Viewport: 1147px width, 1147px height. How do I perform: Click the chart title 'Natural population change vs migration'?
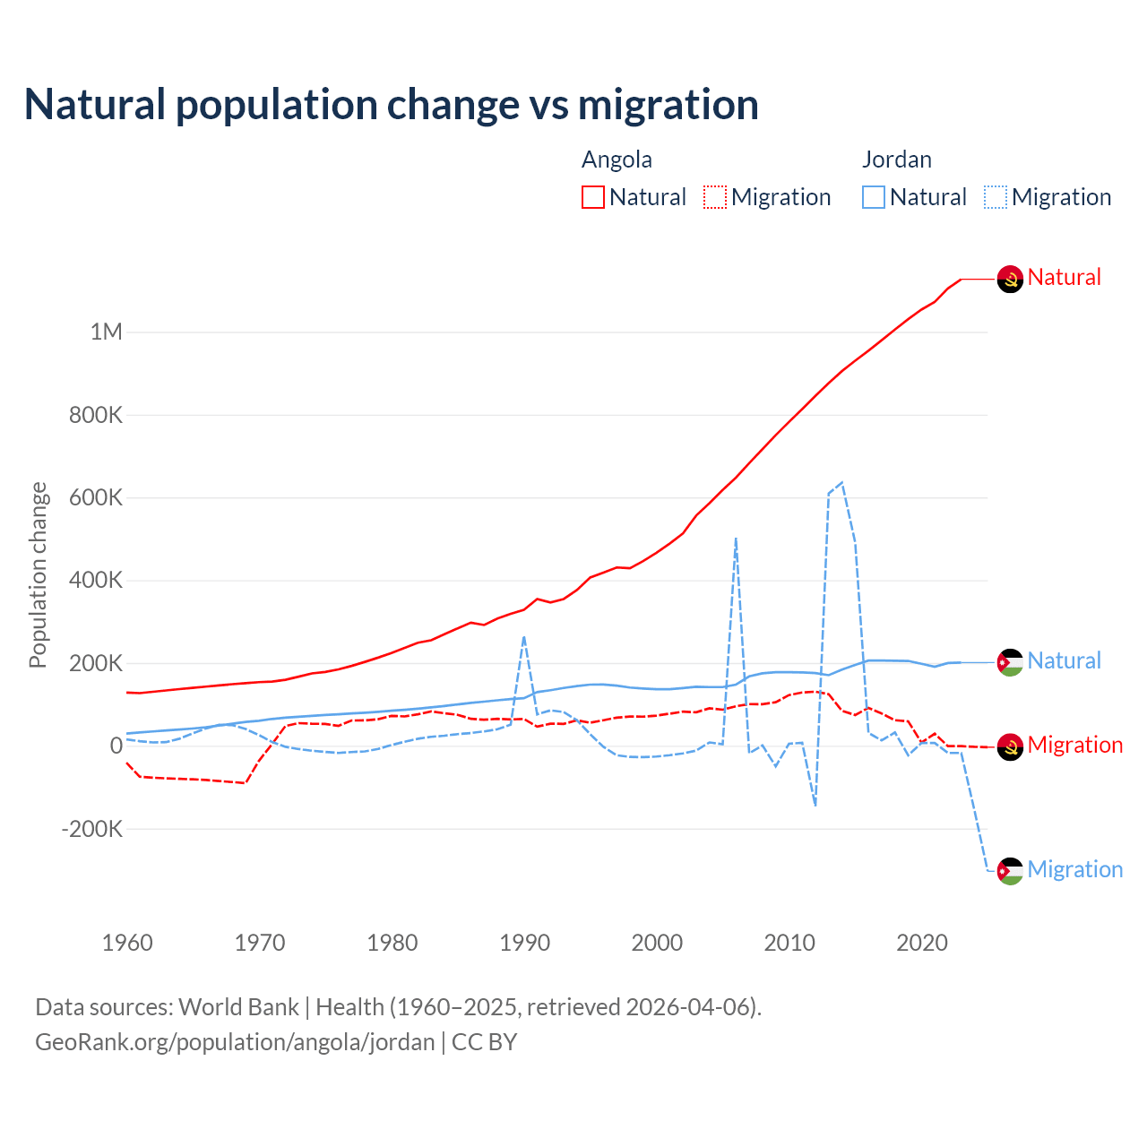click(392, 105)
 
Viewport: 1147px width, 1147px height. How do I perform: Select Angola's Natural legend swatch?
click(593, 197)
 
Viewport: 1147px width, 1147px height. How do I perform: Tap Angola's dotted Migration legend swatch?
click(715, 197)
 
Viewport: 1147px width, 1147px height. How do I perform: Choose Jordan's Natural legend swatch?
click(874, 197)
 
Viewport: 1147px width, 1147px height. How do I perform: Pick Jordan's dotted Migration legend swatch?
click(996, 197)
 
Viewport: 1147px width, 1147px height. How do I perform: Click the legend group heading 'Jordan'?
click(897, 160)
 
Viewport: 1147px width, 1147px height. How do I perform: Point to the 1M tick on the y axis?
click(106, 332)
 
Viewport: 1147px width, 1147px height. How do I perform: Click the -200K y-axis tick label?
click(92, 829)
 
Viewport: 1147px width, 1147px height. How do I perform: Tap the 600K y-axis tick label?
click(96, 497)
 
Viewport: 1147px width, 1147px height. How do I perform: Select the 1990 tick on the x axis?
click(525, 943)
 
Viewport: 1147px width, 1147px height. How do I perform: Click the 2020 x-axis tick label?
click(922, 943)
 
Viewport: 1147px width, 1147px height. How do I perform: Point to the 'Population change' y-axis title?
click(38, 575)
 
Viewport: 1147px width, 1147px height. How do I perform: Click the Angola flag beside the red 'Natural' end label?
click(1010, 280)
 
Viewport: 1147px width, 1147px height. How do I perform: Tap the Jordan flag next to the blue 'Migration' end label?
click(1010, 871)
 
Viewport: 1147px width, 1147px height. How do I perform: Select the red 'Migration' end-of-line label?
click(1074, 745)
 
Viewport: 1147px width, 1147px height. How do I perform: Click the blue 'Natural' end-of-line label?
click(1064, 661)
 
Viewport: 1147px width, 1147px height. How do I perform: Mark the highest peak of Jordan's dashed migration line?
click(841, 483)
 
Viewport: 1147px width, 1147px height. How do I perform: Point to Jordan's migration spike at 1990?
click(524, 637)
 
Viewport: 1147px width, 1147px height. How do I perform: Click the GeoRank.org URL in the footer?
click(235, 1042)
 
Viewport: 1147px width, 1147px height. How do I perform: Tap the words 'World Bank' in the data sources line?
click(238, 1007)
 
